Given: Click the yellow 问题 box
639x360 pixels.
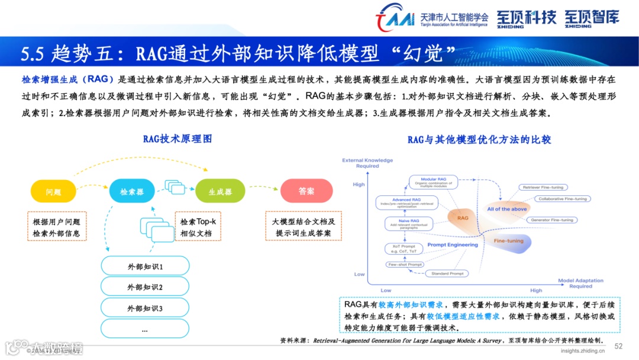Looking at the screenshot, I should [53, 191].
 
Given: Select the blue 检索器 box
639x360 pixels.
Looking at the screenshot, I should [132, 191].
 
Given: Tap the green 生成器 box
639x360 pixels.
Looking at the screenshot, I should [220, 191].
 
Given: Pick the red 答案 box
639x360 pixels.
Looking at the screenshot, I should [306, 191].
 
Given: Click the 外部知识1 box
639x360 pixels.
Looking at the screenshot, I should [145, 266].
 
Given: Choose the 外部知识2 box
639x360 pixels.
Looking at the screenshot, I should [145, 287].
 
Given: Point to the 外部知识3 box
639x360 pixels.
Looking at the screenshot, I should [145, 308].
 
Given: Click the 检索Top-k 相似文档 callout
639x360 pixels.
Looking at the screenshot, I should [198, 226].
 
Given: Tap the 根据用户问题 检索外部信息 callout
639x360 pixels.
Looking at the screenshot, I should [57, 226].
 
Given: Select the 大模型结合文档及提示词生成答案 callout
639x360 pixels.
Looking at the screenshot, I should [304, 226].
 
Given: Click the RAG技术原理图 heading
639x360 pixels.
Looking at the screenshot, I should [177, 139].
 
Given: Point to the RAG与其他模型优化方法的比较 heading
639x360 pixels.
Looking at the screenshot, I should [479, 139].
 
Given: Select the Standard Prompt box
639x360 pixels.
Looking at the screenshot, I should [447, 274].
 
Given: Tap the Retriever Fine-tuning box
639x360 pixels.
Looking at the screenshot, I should [545, 187].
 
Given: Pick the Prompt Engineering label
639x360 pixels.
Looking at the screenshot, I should [452, 245].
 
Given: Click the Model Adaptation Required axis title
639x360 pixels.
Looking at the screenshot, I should [580, 283].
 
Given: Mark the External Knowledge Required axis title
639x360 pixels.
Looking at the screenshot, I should [367, 163].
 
